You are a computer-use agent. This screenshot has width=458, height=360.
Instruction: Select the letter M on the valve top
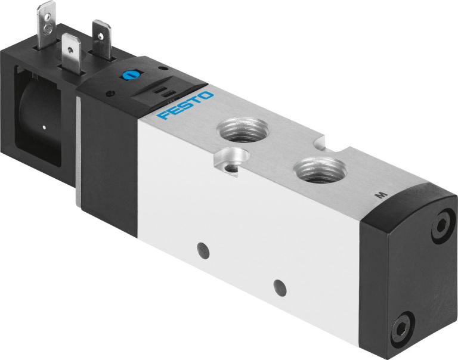376,194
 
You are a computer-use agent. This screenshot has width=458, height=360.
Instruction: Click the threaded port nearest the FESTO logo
236,128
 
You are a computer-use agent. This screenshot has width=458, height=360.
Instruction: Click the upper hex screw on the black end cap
442,226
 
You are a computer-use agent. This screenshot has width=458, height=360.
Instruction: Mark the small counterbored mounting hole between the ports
229,159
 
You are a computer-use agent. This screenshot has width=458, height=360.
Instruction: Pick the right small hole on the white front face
277,285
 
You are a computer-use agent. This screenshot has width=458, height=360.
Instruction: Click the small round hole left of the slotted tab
111,94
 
